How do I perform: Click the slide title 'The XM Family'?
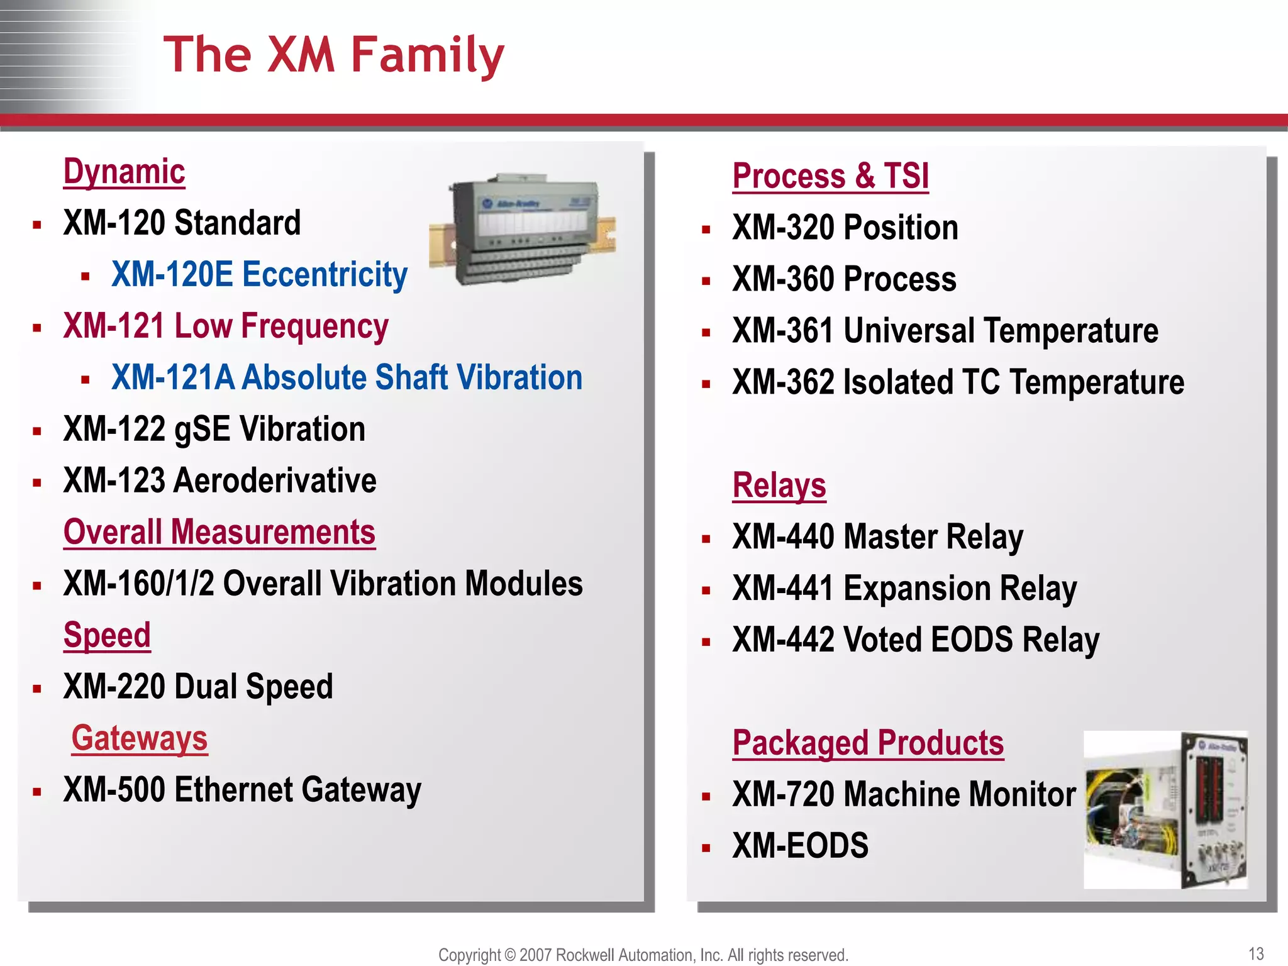[x=333, y=55]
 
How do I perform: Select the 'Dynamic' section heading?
[x=125, y=172]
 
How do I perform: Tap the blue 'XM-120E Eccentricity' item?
[x=259, y=275]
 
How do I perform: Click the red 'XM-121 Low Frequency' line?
[x=226, y=326]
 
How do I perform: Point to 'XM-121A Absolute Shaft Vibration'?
[x=347, y=378]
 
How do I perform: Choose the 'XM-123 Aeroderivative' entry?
[x=219, y=481]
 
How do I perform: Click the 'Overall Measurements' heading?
[x=219, y=533]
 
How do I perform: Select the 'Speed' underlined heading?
[x=107, y=635]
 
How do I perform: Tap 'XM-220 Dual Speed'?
[x=198, y=687]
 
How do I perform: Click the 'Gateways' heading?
[x=139, y=738]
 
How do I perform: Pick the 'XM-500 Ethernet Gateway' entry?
[x=242, y=790]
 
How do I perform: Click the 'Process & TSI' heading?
[x=830, y=176]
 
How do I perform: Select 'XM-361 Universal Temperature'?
[x=945, y=331]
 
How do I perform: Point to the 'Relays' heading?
[x=779, y=486]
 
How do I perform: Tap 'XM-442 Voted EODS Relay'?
[x=916, y=640]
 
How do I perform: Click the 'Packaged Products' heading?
[x=868, y=743]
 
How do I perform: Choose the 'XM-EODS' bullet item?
[x=800, y=846]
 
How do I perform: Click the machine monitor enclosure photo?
[x=1165, y=810]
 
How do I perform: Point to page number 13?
[x=1255, y=953]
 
